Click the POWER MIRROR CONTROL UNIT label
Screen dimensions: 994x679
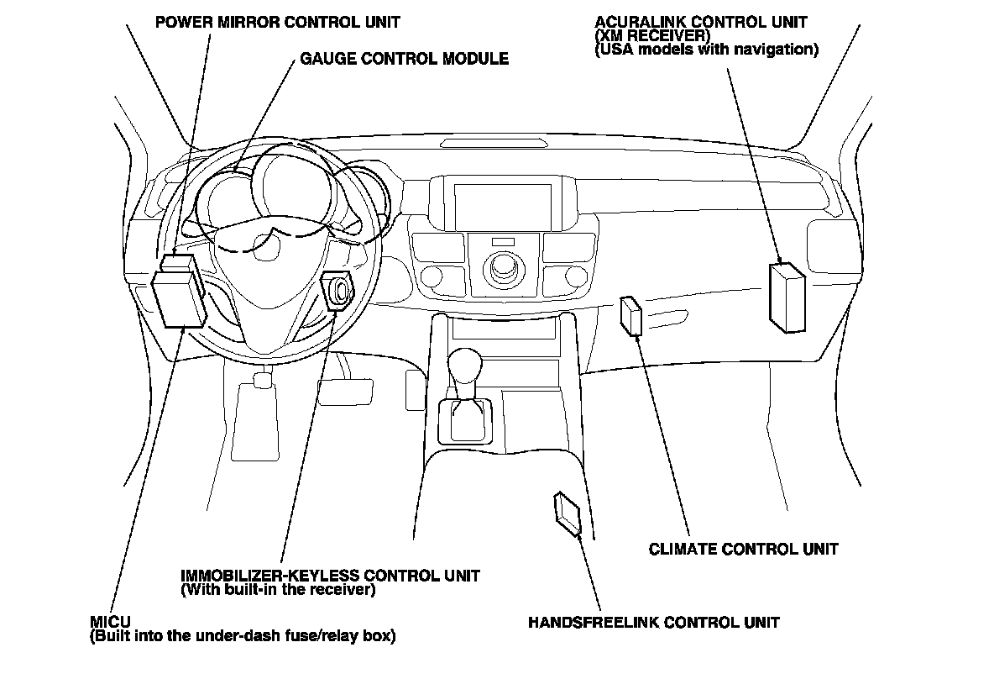coord(277,22)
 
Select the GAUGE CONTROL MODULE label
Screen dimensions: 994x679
coord(404,60)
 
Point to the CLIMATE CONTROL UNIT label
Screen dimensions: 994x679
coord(743,550)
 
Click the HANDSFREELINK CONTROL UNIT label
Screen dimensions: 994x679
coord(653,623)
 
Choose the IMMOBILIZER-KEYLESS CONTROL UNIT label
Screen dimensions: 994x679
coord(330,576)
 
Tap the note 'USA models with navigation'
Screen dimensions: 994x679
coord(705,50)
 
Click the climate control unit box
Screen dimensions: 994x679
coord(630,316)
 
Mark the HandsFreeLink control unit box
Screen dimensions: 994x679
coord(568,513)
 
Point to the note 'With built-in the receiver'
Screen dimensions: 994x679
coord(277,590)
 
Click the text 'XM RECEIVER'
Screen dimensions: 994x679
coord(652,36)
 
